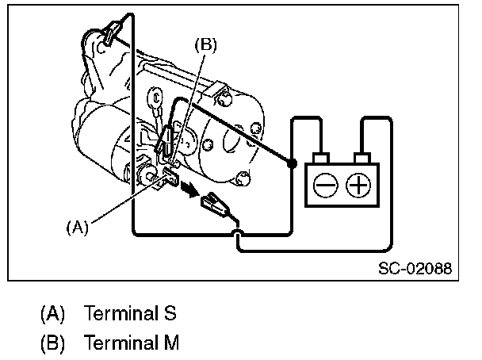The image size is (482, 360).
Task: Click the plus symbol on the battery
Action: coord(359,186)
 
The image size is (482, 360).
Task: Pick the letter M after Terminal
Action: coord(172,343)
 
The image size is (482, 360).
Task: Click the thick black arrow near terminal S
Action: coord(189,190)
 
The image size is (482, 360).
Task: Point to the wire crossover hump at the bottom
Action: coord(238,231)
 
